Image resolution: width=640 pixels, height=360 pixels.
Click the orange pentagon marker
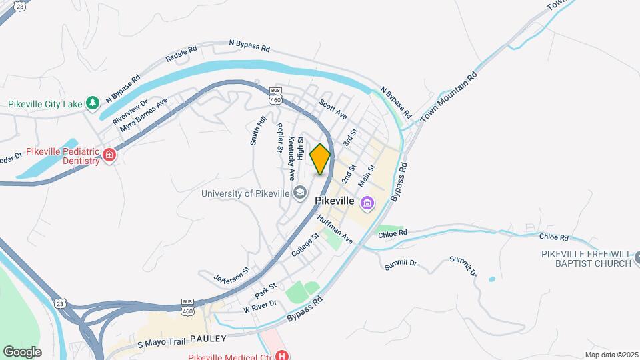pyautogui.click(x=320, y=159)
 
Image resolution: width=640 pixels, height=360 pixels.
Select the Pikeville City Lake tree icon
pyautogui.click(x=94, y=103)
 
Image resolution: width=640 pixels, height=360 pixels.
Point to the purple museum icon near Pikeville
pyautogui.click(x=367, y=202)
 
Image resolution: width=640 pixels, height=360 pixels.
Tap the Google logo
pyautogui.click(x=22, y=351)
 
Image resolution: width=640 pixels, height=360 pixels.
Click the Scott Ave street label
pyautogui.click(x=333, y=109)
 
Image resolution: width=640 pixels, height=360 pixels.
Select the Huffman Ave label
pyautogui.click(x=335, y=227)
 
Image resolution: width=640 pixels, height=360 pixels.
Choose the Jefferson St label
pyautogui.click(x=231, y=275)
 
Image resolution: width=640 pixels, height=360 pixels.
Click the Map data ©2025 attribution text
pyautogui.click(x=611, y=355)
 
